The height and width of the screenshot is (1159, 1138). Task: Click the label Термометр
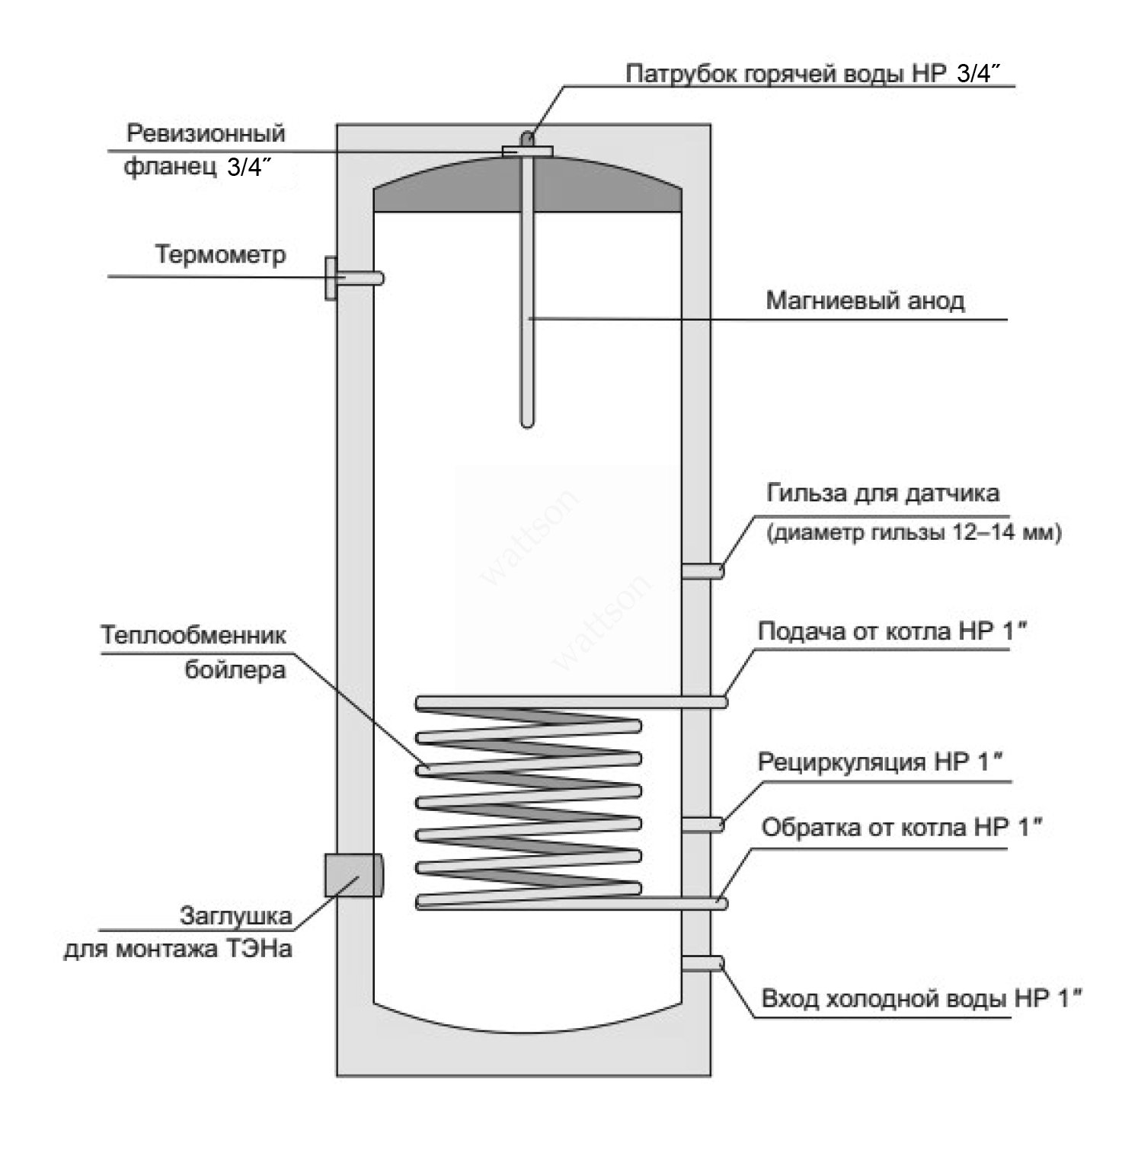221,254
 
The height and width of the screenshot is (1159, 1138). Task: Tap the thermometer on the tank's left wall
353,278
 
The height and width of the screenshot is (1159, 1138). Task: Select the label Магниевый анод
865,300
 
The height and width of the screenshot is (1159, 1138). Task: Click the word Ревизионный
206,134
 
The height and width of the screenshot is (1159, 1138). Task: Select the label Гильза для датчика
882,493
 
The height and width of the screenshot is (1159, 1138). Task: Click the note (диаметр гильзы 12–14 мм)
913,533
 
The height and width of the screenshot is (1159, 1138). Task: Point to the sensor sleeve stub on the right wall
702,570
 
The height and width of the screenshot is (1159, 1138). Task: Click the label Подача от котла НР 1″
887,632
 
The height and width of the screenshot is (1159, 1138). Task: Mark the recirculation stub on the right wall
702,824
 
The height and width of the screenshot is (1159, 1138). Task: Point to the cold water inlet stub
702,963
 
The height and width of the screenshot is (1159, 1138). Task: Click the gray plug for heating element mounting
353,875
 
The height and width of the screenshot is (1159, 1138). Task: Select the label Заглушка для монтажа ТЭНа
178,932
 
